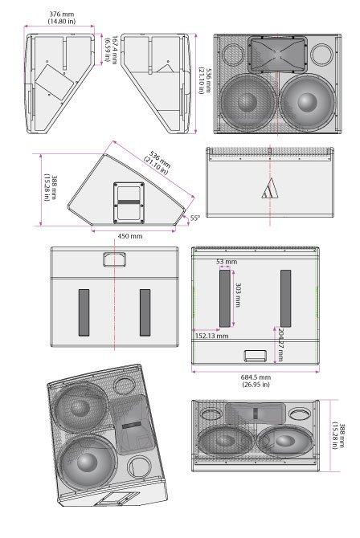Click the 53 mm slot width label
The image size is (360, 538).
[x=227, y=262]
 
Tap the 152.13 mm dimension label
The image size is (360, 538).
[x=211, y=336]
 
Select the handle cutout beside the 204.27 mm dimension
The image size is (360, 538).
[x=254, y=356]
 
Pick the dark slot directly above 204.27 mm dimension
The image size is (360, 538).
[x=285, y=298]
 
